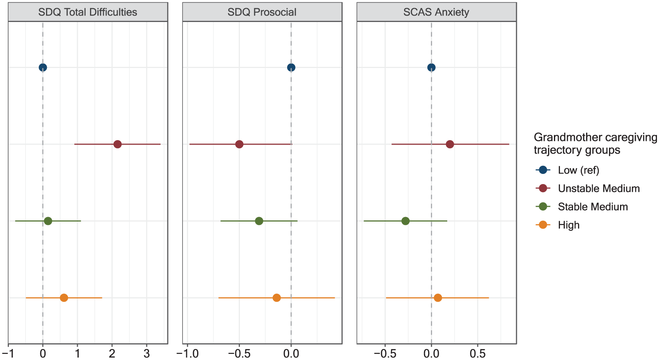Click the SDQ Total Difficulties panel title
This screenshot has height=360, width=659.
[x=88, y=12]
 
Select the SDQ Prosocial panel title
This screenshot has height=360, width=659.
[x=262, y=12]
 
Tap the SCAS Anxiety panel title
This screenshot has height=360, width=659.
[x=436, y=12]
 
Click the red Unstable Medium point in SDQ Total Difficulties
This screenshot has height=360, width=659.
[x=117, y=145]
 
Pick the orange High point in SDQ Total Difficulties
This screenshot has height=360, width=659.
[x=64, y=298]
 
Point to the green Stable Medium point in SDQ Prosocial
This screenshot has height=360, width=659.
[x=259, y=221]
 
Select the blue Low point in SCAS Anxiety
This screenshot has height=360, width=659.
[x=431, y=68]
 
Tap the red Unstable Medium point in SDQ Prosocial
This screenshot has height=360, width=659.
[x=239, y=145]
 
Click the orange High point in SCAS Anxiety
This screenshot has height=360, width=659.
[x=438, y=298]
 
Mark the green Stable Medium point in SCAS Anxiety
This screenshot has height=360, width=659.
[x=405, y=221]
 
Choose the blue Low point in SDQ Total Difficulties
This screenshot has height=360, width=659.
[x=43, y=68]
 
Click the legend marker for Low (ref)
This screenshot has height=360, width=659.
[x=543, y=170]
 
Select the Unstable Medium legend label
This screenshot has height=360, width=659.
[x=599, y=189]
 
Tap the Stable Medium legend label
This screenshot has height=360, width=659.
[x=593, y=207]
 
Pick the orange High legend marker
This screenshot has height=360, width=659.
[x=543, y=225]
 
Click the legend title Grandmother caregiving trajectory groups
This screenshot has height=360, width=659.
[x=595, y=143]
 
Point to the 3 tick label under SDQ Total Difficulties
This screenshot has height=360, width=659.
[x=147, y=353]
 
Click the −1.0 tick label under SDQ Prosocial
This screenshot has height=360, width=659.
[x=187, y=353]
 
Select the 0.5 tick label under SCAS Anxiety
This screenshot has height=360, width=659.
[x=477, y=353]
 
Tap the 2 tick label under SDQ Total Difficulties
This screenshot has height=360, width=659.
[x=112, y=353]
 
